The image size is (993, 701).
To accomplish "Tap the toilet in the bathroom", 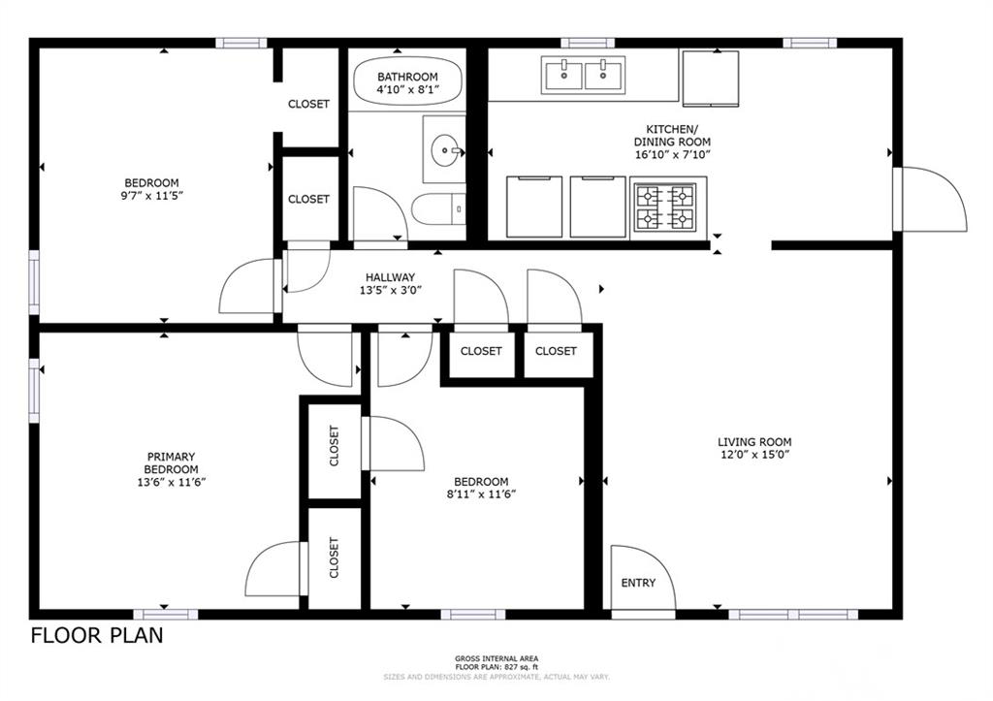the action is point(438,209).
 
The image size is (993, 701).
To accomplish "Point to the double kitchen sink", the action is point(583,75).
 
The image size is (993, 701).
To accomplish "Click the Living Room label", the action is point(754,442).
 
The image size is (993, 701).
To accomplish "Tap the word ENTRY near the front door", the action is point(638,583).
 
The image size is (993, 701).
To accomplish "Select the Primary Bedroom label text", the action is point(171,462).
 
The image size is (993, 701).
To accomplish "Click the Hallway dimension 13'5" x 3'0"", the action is point(391,291).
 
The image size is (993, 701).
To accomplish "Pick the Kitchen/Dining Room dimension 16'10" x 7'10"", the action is point(673,154).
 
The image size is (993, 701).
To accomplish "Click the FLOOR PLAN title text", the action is point(97,635).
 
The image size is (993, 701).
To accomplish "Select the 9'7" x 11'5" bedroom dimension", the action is point(151,196).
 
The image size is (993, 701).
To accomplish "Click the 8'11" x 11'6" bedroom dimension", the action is point(481,494).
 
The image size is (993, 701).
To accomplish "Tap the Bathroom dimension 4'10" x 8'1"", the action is point(407,89).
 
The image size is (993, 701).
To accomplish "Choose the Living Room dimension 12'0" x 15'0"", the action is point(754,454).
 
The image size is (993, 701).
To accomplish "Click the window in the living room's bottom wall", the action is point(793,615).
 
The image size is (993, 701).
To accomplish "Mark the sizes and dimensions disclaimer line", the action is point(496,677).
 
